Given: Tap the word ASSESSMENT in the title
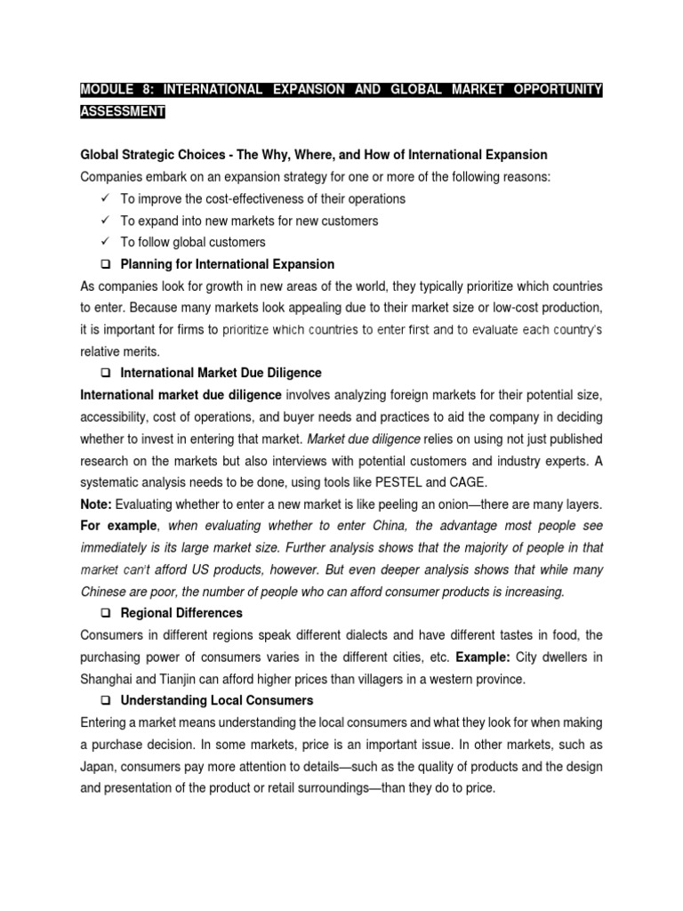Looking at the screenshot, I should [123, 112].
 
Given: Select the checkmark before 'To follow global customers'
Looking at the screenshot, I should [105, 242].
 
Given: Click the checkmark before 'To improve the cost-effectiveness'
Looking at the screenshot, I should [105, 198].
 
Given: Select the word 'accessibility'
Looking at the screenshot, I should [116, 417].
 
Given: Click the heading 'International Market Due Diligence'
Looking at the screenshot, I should [221, 373].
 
